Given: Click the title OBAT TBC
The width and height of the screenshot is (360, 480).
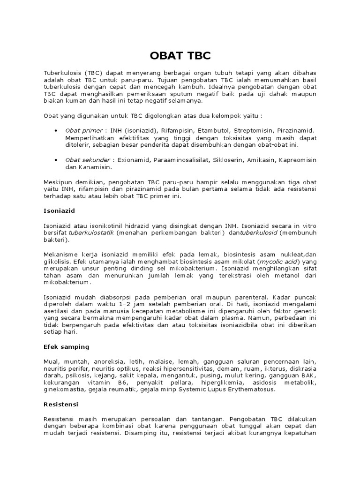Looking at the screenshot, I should click(180, 57).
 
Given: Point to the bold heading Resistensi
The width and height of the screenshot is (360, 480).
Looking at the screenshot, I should click(61, 403).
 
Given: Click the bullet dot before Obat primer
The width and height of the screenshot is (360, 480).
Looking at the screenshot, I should click(56, 130).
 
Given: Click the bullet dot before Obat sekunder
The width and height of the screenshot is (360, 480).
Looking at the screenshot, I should click(56, 160).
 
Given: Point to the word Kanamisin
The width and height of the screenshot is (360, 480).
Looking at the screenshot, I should click(95, 167).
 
